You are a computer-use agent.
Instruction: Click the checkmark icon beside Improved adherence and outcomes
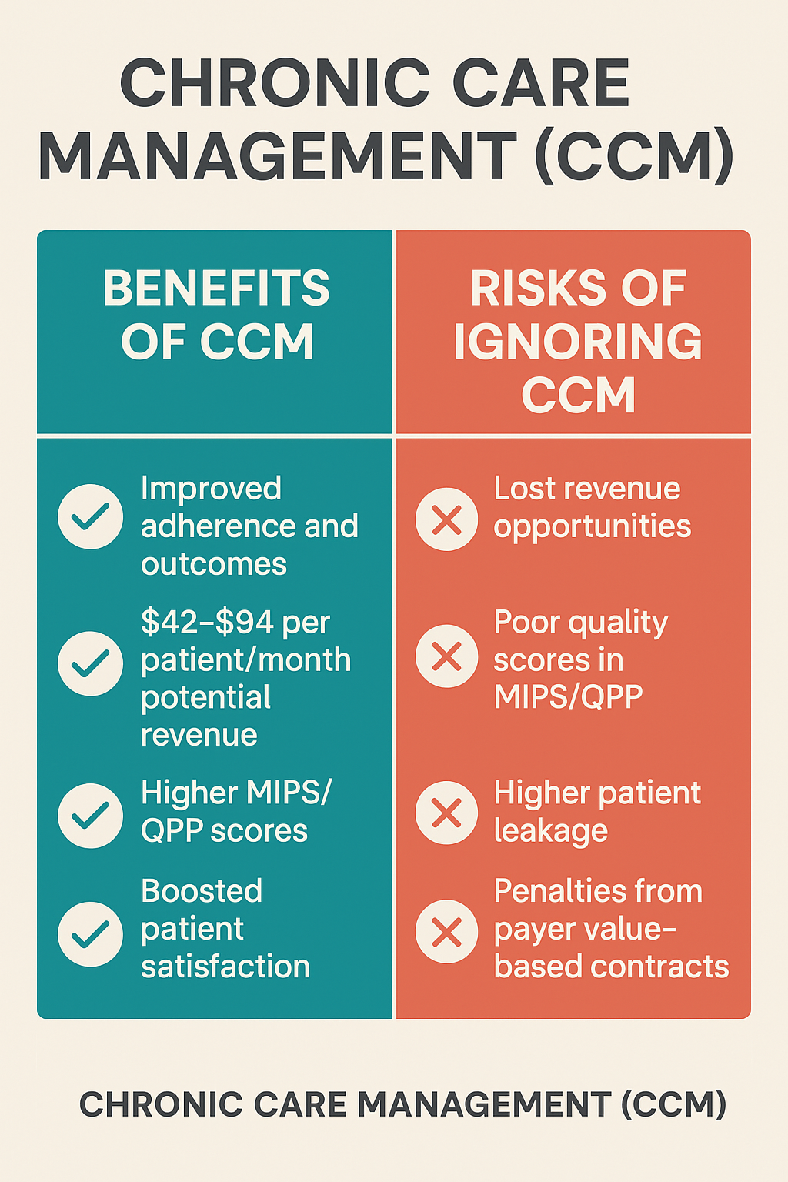pyautogui.click(x=90, y=516)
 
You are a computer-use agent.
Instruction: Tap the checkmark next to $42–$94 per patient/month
pyautogui.click(x=90, y=663)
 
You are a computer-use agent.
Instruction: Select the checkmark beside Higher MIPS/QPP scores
pyautogui.click(x=90, y=816)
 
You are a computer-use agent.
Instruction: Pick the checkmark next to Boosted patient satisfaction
pyautogui.click(x=90, y=934)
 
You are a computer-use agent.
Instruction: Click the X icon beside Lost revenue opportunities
pyautogui.click(x=447, y=519)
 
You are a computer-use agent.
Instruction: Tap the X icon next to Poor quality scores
pyautogui.click(x=447, y=656)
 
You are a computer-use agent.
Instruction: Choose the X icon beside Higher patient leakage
pyautogui.click(x=447, y=813)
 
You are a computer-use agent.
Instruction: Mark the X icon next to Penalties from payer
pyautogui.click(x=447, y=932)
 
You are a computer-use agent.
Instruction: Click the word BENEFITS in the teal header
pyautogui.click(x=216, y=289)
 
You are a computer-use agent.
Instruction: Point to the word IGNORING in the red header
pyautogui.click(x=577, y=342)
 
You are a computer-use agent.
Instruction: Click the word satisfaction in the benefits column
pyautogui.click(x=225, y=967)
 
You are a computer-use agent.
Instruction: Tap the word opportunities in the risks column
pyautogui.click(x=593, y=527)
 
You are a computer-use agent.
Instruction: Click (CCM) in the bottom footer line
pyautogui.click(x=673, y=1105)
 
